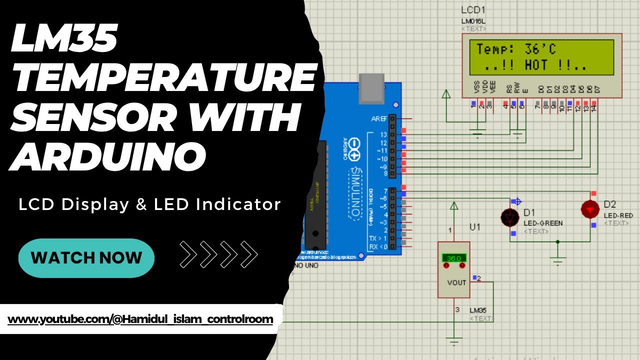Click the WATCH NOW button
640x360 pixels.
coord(86,258)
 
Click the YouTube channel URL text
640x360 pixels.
coord(140,319)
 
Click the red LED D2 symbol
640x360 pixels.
coord(590,209)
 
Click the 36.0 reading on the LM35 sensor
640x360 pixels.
coord(453,258)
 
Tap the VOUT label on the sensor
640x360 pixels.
coord(456,282)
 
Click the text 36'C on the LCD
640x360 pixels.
coord(540,49)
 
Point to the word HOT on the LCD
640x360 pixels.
coord(536,65)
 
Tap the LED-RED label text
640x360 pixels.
coord(618,215)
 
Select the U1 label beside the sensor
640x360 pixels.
coord(474,227)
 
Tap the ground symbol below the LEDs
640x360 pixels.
coord(558,259)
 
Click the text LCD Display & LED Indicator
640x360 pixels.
coord(149,204)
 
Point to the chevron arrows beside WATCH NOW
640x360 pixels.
coord(218,254)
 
